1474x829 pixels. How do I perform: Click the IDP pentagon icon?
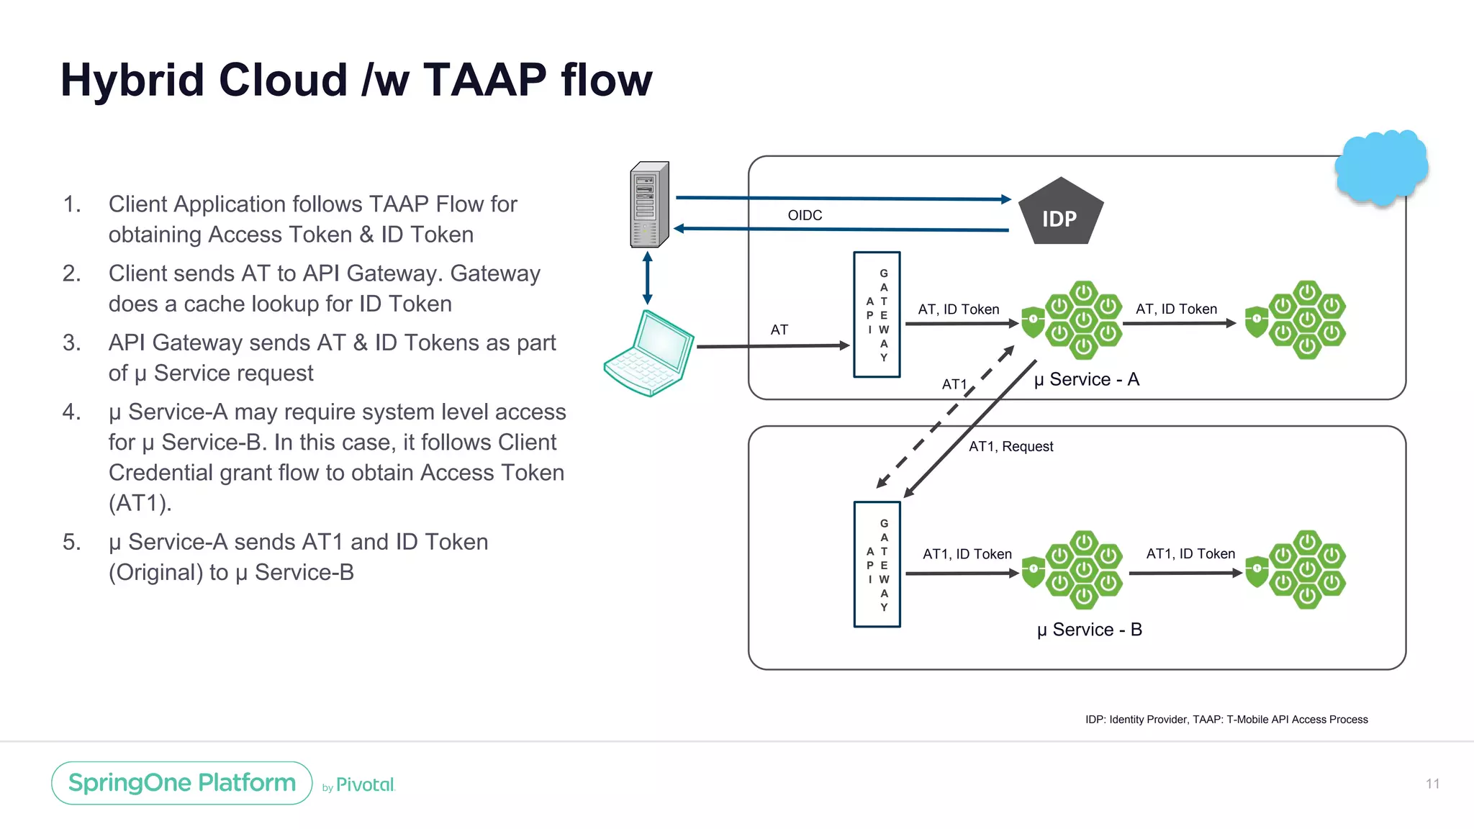click(x=1060, y=213)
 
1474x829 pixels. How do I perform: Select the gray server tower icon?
click(x=649, y=205)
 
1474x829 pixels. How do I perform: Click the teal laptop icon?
click(x=649, y=353)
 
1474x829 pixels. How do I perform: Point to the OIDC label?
click(x=805, y=215)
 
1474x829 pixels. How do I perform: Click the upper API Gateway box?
click(x=877, y=314)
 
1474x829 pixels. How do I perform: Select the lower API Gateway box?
click(x=877, y=564)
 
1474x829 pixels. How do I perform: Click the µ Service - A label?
click(x=1086, y=379)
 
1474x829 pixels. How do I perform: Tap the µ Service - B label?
click(x=1089, y=630)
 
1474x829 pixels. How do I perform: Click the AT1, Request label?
click(x=1010, y=446)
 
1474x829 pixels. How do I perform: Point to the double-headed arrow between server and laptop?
click(x=647, y=278)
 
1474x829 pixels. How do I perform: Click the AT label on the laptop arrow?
click(x=779, y=330)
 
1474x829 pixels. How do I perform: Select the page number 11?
click(x=1432, y=784)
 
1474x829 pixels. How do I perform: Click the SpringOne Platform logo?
click(x=182, y=783)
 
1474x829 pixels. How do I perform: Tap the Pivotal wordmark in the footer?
click(x=365, y=785)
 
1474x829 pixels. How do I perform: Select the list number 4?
click(x=71, y=412)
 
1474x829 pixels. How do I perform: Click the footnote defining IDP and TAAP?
click(x=1226, y=720)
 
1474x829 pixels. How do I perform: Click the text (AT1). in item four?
click(x=140, y=502)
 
